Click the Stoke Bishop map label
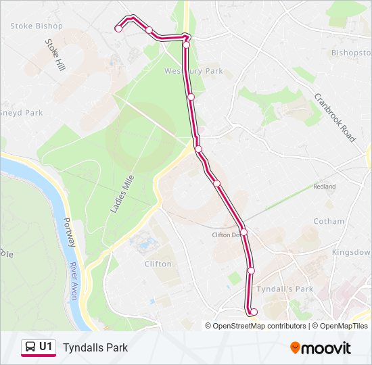37,26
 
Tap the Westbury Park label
193,70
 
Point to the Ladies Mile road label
122,193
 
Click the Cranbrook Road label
335,117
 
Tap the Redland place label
324,187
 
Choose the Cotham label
329,221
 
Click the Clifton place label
158,264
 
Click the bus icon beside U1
30,347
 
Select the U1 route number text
46,347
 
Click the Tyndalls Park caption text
95,348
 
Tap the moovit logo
321,348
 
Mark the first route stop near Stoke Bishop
118,28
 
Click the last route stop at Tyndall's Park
254,312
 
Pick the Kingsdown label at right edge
352,252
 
